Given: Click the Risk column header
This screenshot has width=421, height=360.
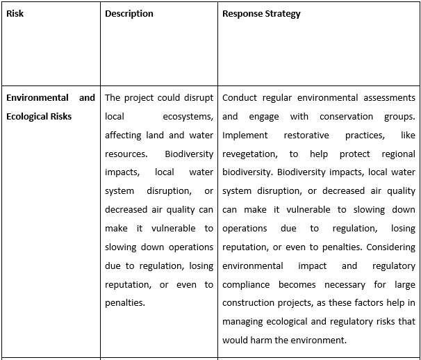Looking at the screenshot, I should [15, 14].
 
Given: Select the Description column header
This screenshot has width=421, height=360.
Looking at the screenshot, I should [129, 14].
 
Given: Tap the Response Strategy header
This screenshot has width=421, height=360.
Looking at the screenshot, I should [261, 14].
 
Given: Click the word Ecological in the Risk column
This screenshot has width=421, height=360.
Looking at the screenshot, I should [28, 116].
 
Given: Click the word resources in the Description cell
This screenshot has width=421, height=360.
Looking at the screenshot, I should [126, 154].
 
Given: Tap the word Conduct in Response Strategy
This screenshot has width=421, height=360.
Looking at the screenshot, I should [240, 97].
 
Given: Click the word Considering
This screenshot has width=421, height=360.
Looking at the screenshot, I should [390, 247].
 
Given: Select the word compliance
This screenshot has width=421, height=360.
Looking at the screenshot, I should [249, 284].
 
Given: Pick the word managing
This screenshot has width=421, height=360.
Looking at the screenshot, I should [244, 322].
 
